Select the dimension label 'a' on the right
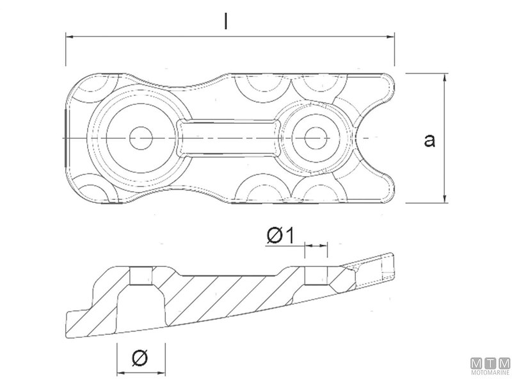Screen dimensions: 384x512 coord(429,140)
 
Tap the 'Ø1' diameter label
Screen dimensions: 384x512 coord(280,236)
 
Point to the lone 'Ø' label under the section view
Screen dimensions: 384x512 coord(140,357)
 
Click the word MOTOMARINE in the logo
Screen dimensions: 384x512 coord(490,372)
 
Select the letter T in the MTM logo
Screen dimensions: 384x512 coord(490,362)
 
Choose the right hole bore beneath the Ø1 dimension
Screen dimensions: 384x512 coord(316,276)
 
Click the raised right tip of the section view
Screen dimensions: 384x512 coord(389,264)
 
